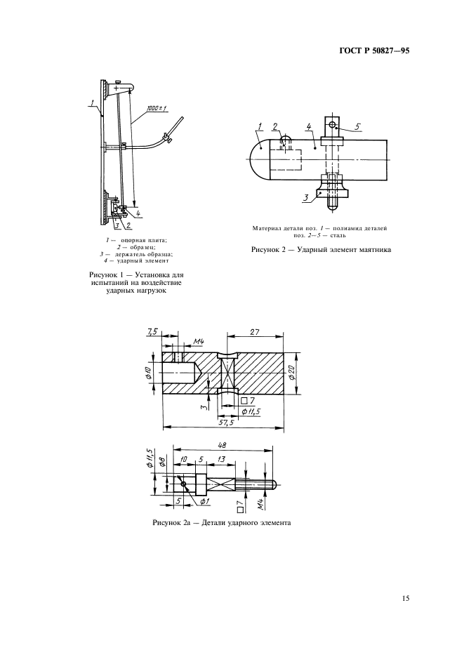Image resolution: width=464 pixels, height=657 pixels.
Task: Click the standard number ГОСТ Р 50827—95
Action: click(373, 51)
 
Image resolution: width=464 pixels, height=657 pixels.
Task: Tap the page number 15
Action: click(406, 598)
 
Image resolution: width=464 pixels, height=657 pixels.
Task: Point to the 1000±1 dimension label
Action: click(157, 109)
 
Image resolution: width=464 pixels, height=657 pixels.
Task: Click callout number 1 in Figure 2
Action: click(260, 126)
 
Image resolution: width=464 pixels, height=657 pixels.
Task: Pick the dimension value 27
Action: click(254, 331)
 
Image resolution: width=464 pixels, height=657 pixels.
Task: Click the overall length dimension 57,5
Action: click(225, 423)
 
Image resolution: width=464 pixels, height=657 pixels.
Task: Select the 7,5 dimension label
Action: click(152, 332)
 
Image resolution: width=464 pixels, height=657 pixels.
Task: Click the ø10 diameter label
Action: click(154, 372)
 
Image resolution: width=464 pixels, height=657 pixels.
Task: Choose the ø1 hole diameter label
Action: click(204, 502)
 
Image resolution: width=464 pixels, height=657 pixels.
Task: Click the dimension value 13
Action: click(222, 459)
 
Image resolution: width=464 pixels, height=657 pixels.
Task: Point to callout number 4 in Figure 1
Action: click(138, 214)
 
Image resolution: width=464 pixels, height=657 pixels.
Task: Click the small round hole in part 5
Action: click(332, 125)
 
